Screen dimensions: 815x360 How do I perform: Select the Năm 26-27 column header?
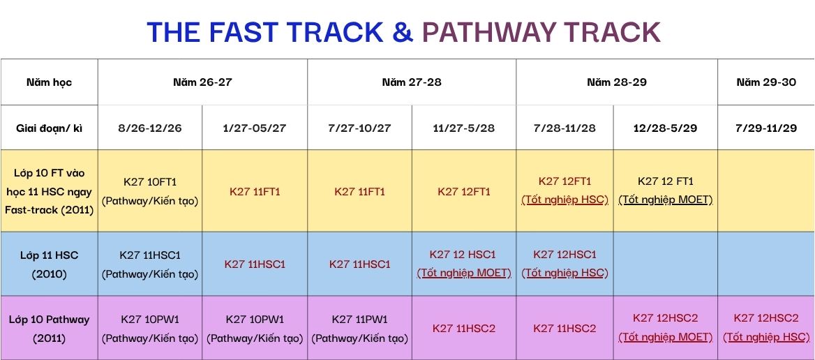202,82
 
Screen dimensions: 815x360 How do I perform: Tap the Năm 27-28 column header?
412,82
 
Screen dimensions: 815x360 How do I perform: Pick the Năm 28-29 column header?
617,82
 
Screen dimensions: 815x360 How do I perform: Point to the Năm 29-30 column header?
766,82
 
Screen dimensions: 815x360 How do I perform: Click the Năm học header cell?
50,82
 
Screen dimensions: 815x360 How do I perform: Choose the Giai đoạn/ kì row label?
50,128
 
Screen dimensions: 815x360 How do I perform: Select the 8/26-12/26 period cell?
150,128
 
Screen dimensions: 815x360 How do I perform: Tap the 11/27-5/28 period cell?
463,128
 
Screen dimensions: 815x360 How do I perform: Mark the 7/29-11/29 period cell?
766,128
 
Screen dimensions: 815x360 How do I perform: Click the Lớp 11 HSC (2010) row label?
50,264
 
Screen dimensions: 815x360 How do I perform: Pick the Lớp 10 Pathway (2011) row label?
50,329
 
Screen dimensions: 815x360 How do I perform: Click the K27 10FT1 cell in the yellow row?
150,182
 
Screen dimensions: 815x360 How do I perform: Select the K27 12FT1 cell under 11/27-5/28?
463,192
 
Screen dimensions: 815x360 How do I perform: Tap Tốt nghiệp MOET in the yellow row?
665,200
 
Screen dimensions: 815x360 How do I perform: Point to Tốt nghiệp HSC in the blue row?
565,273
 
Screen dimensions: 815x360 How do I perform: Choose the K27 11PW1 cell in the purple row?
359,319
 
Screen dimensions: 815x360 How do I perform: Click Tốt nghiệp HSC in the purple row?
766,338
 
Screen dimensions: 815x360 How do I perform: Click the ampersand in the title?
403,32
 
